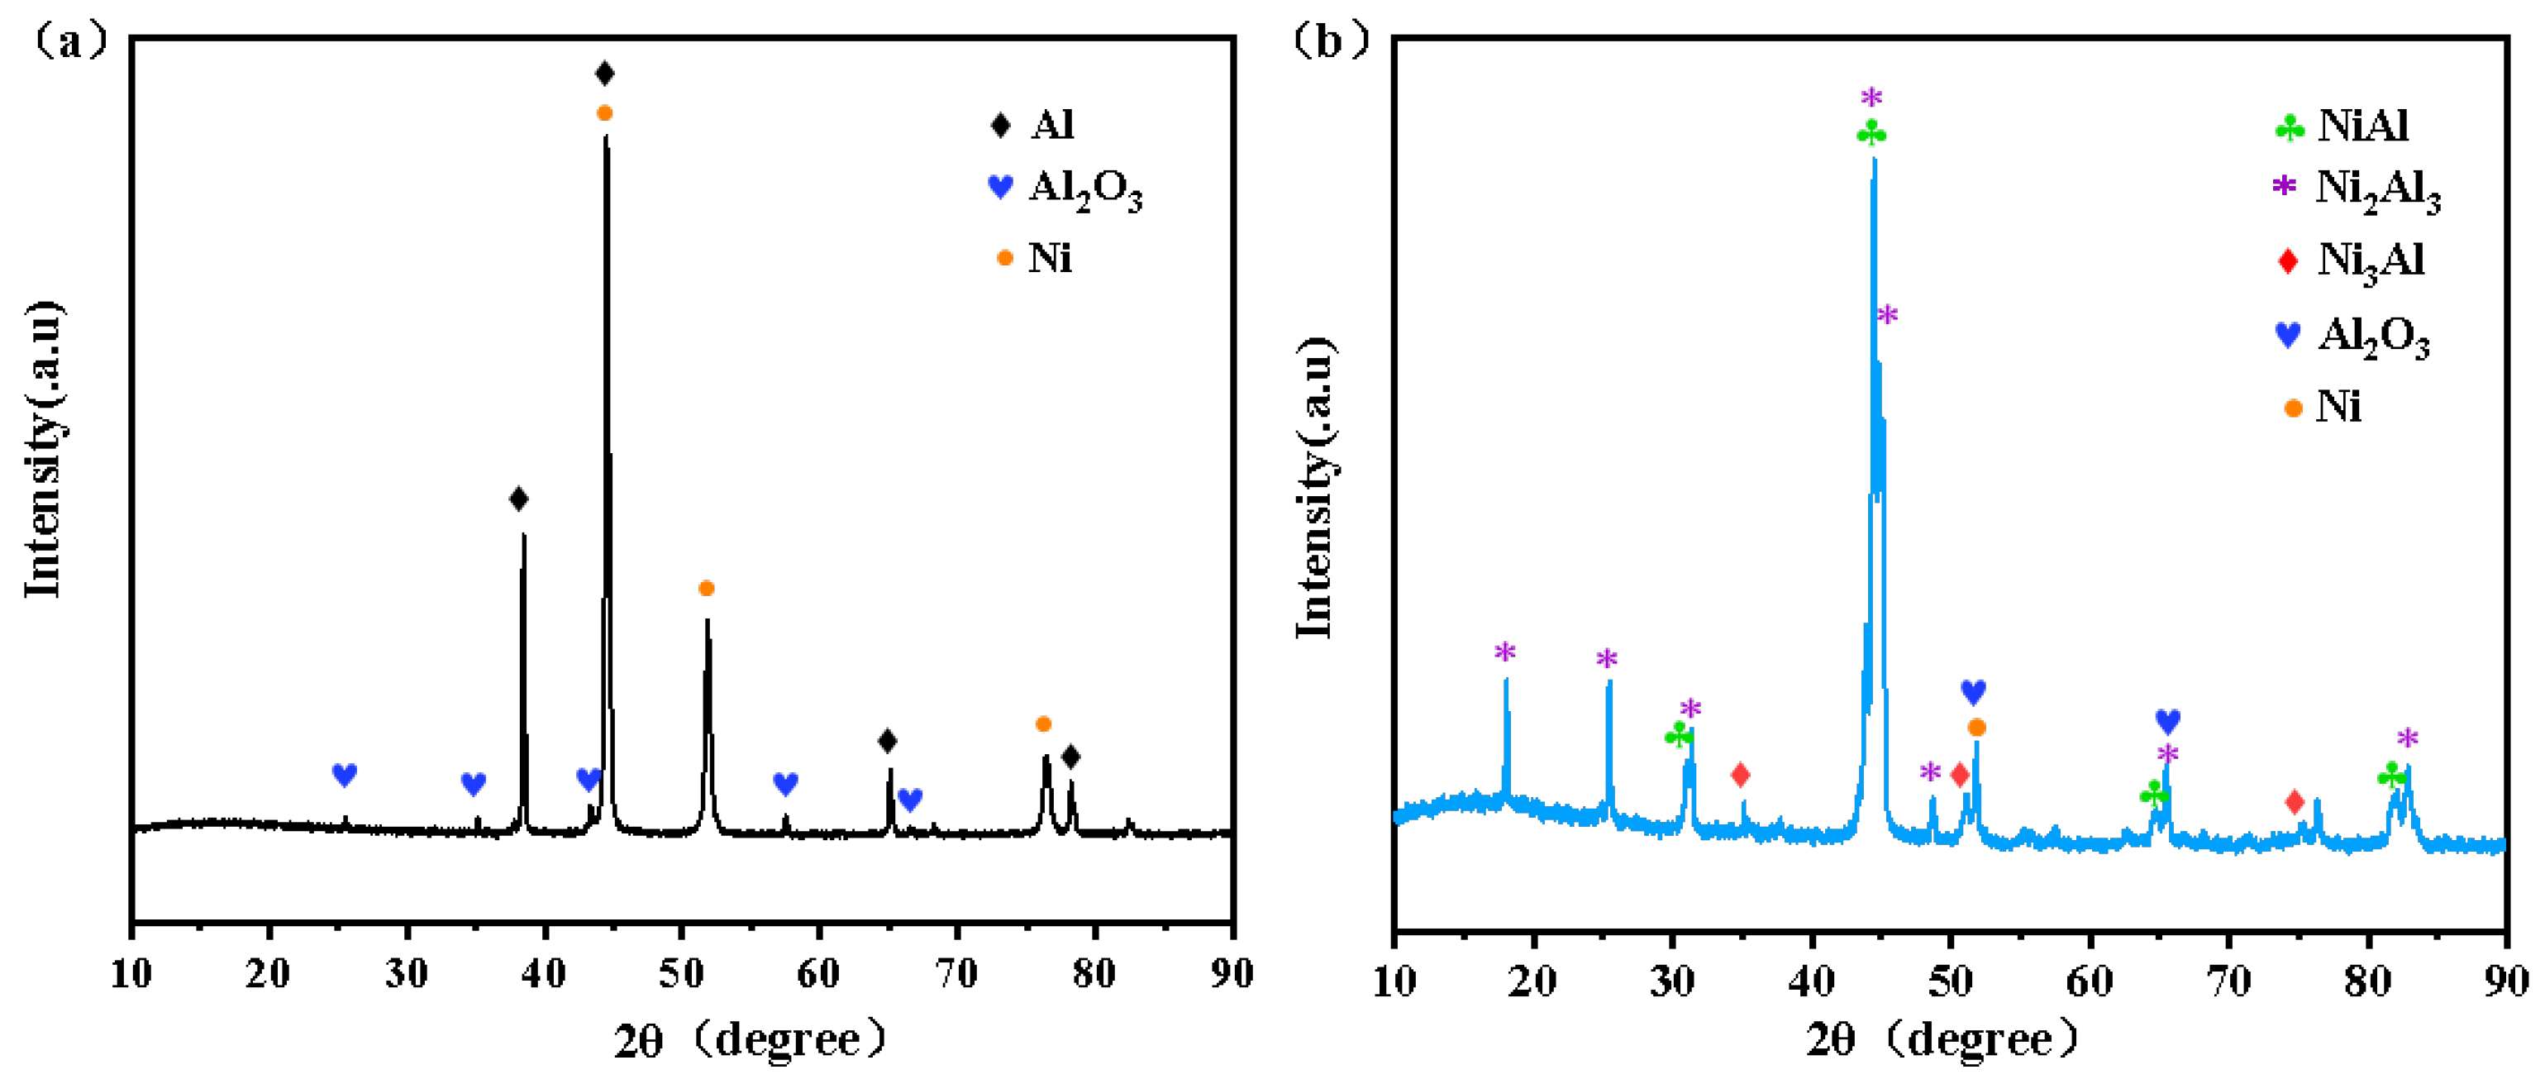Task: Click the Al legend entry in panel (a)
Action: point(1032,126)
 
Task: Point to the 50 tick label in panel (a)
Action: point(681,973)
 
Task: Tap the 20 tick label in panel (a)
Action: point(268,973)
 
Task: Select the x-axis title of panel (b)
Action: point(1942,1039)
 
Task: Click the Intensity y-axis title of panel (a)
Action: point(44,450)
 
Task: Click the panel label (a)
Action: point(69,41)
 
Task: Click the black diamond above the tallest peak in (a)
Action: point(605,73)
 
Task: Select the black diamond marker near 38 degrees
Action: point(519,499)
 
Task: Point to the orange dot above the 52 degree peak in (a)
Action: point(705,589)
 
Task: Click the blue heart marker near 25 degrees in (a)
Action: point(344,775)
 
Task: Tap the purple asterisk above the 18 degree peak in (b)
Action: point(1504,652)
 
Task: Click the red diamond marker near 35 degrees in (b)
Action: point(1741,775)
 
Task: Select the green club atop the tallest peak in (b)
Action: point(1871,132)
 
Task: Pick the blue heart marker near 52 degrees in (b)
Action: point(1973,692)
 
